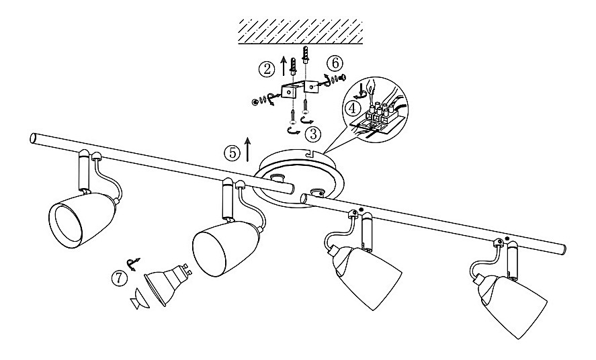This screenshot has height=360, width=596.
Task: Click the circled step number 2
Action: tap(267, 69)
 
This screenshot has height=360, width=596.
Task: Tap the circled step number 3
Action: tap(313, 134)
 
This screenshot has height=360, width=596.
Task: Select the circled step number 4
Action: tap(352, 108)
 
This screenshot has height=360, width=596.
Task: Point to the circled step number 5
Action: tap(232, 152)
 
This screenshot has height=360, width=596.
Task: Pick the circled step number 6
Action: tap(335, 63)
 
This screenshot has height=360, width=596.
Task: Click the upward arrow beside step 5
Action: tap(247, 149)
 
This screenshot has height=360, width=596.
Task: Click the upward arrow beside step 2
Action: tap(282, 65)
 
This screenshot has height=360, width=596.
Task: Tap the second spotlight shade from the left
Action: tap(226, 249)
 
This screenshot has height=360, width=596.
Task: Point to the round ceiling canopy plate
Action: tap(296, 179)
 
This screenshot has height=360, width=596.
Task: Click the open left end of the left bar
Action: tap(33, 138)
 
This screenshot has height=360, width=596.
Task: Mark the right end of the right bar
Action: tap(564, 250)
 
